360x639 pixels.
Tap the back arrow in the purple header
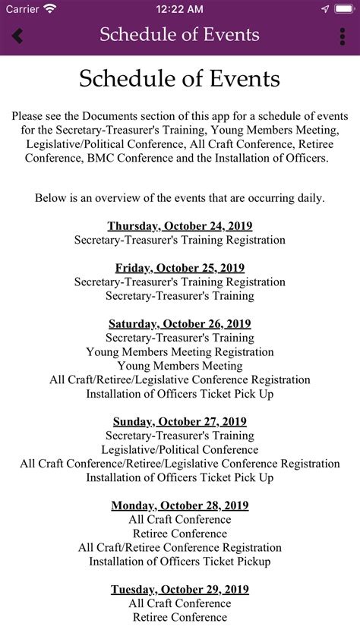(x=17, y=36)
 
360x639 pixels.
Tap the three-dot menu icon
(x=343, y=36)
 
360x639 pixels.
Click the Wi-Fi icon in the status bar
(x=50, y=9)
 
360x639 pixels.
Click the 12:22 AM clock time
(x=180, y=9)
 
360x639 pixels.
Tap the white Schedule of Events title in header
(x=180, y=35)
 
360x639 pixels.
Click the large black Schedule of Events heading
(x=180, y=79)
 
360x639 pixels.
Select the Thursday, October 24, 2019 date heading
(x=180, y=226)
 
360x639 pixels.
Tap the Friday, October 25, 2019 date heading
(x=180, y=268)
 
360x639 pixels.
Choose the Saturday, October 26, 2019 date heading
(x=180, y=324)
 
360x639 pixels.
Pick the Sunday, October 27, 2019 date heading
(x=180, y=422)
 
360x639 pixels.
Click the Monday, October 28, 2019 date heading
(x=180, y=505)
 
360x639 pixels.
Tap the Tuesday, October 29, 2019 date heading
(x=180, y=590)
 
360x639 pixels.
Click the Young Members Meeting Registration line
(x=180, y=352)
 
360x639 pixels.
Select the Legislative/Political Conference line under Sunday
(x=180, y=450)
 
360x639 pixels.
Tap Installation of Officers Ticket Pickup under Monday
(x=180, y=562)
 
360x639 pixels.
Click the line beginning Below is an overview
(x=180, y=198)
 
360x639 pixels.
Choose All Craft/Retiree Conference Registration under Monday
(x=180, y=548)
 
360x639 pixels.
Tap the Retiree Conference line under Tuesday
(x=180, y=618)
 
